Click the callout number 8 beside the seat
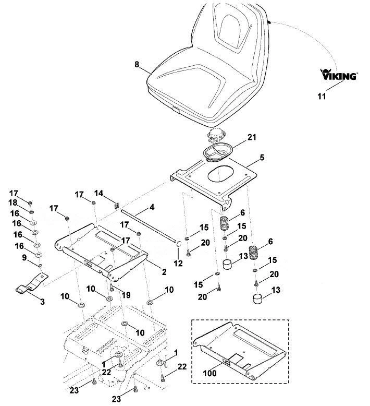[x=137, y=64]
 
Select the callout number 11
[x=322, y=97]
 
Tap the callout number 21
[x=252, y=137]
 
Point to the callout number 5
[x=262, y=158]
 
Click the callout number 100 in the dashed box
[x=209, y=373]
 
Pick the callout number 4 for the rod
[x=152, y=207]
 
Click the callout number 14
[x=98, y=193]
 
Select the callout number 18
[x=13, y=203]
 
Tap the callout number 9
[x=24, y=258]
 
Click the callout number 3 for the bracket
[x=42, y=302]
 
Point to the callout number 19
[x=126, y=295]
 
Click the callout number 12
[x=178, y=264]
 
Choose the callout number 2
[x=164, y=272]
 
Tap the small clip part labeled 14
[x=116, y=205]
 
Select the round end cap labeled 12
[x=178, y=243]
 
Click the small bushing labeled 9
[x=40, y=266]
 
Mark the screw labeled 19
[x=112, y=287]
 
